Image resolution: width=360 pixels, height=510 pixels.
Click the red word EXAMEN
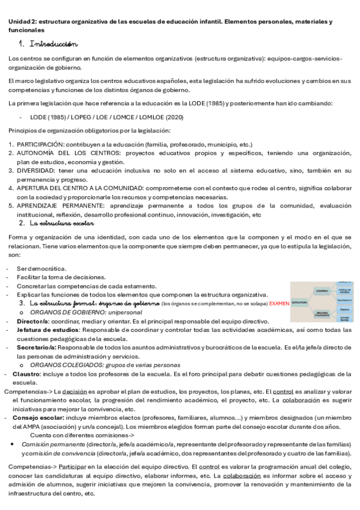coord(279,304)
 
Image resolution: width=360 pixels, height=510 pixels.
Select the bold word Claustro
coord(27,373)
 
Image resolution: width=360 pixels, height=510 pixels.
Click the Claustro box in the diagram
coord(344,310)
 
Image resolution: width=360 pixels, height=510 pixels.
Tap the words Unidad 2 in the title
coord(21,21)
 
